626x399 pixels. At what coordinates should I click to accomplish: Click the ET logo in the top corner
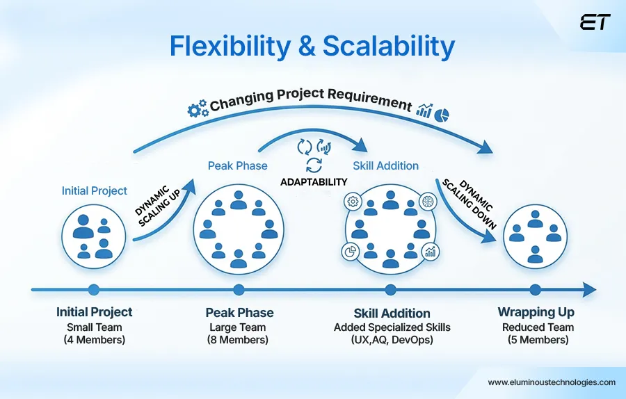pyautogui.click(x=595, y=22)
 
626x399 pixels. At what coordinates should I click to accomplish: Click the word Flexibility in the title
pyautogui.click(x=228, y=47)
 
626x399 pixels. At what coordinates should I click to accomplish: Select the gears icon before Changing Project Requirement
pyautogui.click(x=198, y=108)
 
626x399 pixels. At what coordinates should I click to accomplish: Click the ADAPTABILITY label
pyautogui.click(x=314, y=181)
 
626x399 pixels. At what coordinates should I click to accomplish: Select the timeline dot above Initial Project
pyautogui.click(x=94, y=290)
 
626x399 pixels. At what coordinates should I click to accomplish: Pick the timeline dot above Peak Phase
pyautogui.click(x=239, y=290)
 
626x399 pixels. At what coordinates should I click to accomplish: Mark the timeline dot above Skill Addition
pyautogui.click(x=391, y=290)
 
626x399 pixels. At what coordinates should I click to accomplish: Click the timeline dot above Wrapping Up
pyautogui.click(x=535, y=290)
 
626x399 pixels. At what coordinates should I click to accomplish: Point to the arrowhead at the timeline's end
pyautogui.click(x=589, y=290)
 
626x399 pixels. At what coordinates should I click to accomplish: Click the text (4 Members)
pyautogui.click(x=94, y=340)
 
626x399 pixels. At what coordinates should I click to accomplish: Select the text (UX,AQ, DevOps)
pyautogui.click(x=392, y=340)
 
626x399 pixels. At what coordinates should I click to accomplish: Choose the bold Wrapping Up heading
pyautogui.click(x=535, y=312)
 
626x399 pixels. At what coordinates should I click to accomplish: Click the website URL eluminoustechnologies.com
pyautogui.click(x=551, y=382)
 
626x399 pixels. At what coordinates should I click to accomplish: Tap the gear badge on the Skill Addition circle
pyautogui.click(x=352, y=202)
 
